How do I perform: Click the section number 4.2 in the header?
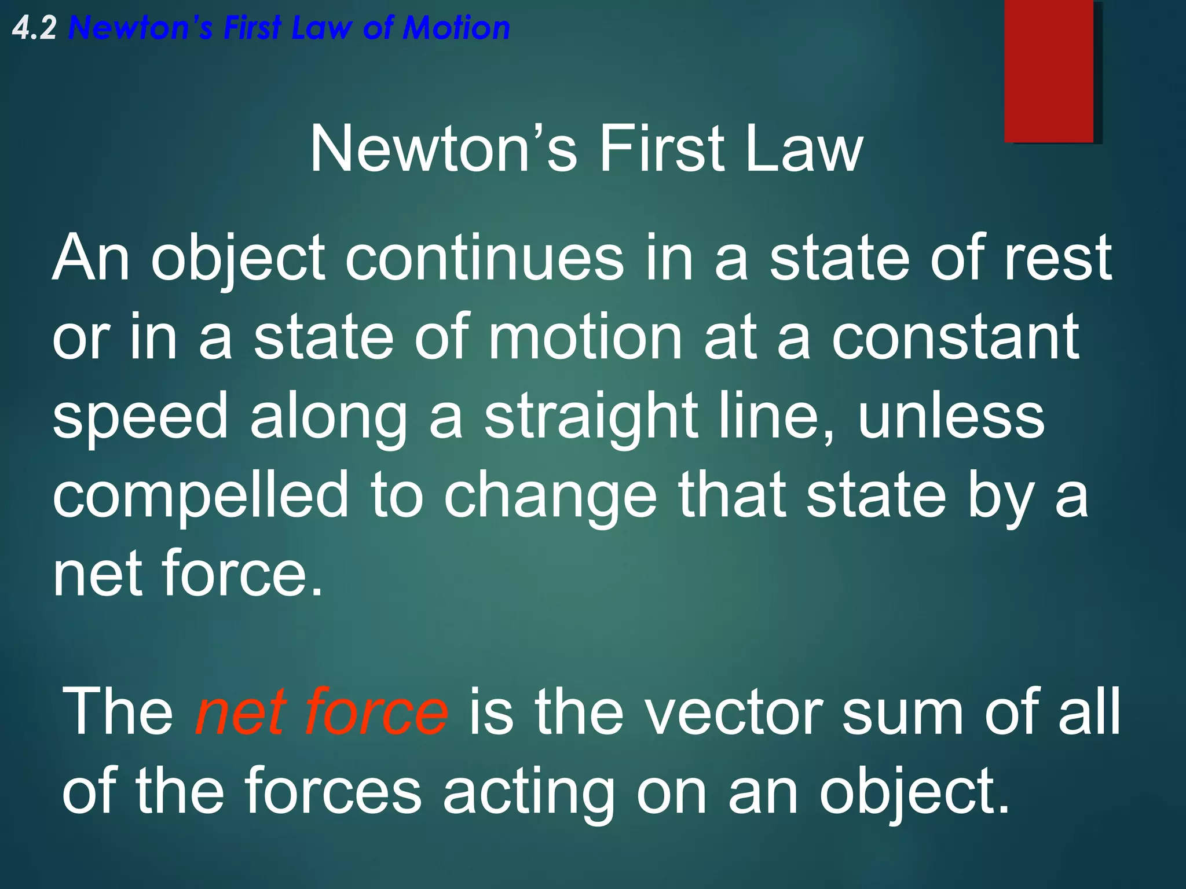tap(34, 28)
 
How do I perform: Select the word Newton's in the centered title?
tap(444, 149)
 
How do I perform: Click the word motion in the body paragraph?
tap(585, 337)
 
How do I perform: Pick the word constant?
tap(956, 337)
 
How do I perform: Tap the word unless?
tap(951, 416)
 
